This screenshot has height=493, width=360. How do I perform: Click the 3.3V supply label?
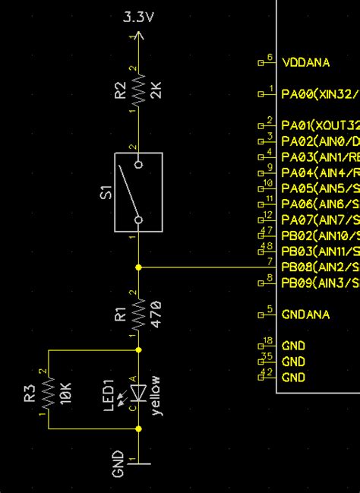tap(138, 17)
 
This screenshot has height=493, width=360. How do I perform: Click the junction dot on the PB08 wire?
tap(138, 267)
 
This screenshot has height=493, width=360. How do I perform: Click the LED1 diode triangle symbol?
tap(138, 393)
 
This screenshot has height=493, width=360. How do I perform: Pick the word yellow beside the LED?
tap(156, 395)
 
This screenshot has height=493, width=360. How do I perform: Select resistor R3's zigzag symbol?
tap(48, 392)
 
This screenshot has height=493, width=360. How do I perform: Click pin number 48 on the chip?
tap(267, 246)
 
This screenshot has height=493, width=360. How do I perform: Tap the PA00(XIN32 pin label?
tap(319, 94)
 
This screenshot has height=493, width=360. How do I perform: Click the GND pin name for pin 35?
tap(293, 362)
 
